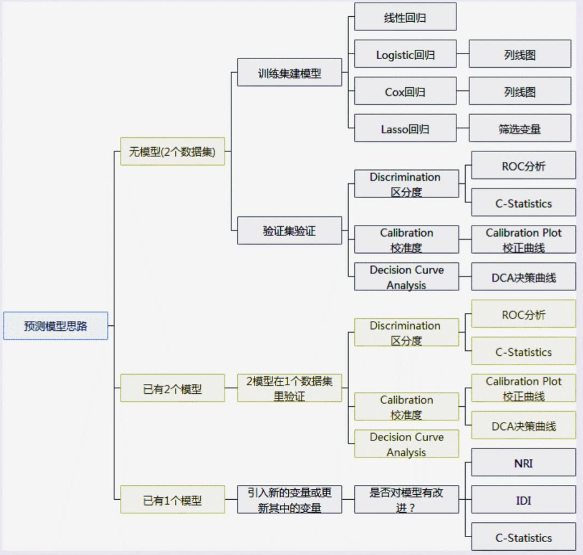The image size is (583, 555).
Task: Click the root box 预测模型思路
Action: pyautogui.click(x=55, y=326)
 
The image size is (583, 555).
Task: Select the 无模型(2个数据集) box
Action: pyautogui.click(x=172, y=152)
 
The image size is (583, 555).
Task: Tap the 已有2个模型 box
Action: pyautogui.click(x=172, y=388)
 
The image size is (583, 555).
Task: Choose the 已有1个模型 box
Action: pyautogui.click(x=172, y=500)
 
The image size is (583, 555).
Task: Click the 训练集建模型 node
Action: pyautogui.click(x=289, y=73)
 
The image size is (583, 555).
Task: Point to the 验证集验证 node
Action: pyautogui.click(x=289, y=231)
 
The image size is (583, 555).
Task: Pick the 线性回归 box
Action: pyautogui.click(x=405, y=17)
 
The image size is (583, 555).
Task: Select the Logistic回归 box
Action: pyautogui.click(x=405, y=54)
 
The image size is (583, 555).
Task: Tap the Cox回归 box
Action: pyautogui.click(x=405, y=91)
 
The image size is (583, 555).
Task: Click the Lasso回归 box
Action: pyautogui.click(x=405, y=129)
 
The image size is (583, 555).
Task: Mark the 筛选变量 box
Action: pyautogui.click(x=519, y=129)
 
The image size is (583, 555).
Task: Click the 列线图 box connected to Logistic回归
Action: pyautogui.click(x=519, y=54)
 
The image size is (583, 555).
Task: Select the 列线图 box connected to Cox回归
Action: pyautogui.click(x=519, y=91)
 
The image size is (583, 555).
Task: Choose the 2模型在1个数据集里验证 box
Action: pyautogui.click(x=289, y=388)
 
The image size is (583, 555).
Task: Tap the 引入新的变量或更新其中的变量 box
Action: pyautogui.click(x=289, y=500)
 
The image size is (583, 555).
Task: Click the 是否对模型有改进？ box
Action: pyautogui.click(x=406, y=500)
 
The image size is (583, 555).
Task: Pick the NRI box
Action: pyautogui.click(x=523, y=463)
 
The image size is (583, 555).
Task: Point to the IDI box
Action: pyautogui.click(x=523, y=500)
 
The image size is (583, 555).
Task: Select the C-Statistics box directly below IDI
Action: pyautogui.click(x=523, y=537)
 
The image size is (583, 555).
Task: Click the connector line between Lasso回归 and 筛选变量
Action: pyautogui.click(x=462, y=129)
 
